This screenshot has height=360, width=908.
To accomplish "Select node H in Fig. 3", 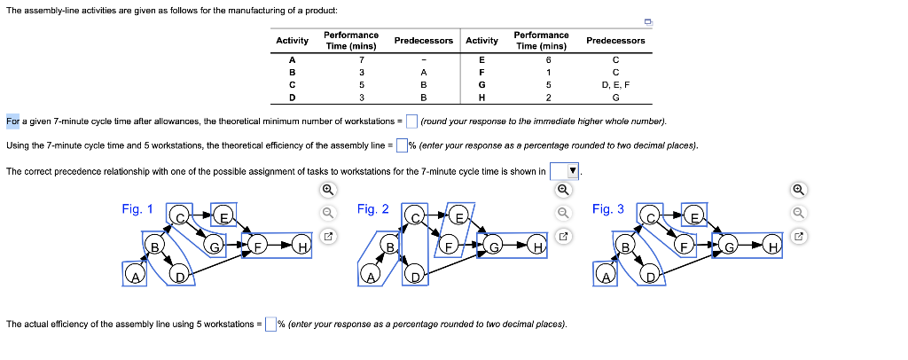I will coord(773,246).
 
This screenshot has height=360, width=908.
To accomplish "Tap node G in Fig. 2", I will coord(496,245).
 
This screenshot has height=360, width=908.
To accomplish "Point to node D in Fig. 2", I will coord(414,277).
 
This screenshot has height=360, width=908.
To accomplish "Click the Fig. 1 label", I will coord(137,209).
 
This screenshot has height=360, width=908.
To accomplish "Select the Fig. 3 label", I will coord(607,209).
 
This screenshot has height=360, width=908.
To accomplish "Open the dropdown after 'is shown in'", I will coord(564,170).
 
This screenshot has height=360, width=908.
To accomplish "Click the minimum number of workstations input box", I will coord(411,121).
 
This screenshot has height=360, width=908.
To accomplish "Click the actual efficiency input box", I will coord(270,324).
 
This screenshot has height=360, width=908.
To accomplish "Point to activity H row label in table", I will coord(481,97).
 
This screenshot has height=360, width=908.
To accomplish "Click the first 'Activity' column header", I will coord(292,41).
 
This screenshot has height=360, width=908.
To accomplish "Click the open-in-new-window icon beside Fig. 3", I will coord(799,236).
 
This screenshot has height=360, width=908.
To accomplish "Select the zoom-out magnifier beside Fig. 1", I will coord(327,212).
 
